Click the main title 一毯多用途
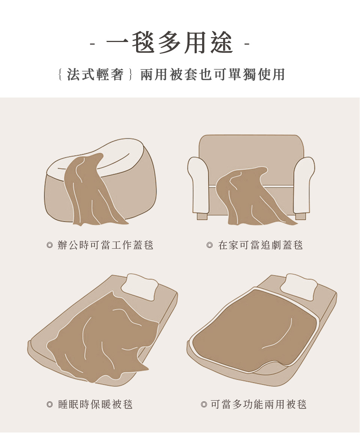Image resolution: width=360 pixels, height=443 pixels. (170, 43)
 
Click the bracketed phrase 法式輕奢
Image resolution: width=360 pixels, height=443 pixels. (95, 75)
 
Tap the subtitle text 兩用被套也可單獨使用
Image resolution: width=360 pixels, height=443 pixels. (213, 75)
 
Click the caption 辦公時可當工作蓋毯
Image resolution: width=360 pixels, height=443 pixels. (105, 245)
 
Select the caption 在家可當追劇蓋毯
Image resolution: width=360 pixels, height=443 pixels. (260, 245)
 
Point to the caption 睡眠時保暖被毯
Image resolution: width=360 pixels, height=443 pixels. (95, 404)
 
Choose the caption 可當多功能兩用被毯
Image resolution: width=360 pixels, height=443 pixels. (259, 404)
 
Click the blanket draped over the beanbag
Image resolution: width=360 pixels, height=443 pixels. (90, 192)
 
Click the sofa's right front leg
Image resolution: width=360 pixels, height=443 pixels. (300, 216)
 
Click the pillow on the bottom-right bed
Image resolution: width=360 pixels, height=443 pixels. (298, 286)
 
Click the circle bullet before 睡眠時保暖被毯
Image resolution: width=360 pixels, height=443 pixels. (50, 405)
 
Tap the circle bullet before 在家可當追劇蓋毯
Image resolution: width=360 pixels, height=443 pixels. (210, 245)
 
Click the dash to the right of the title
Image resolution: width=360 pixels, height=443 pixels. (247, 44)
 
